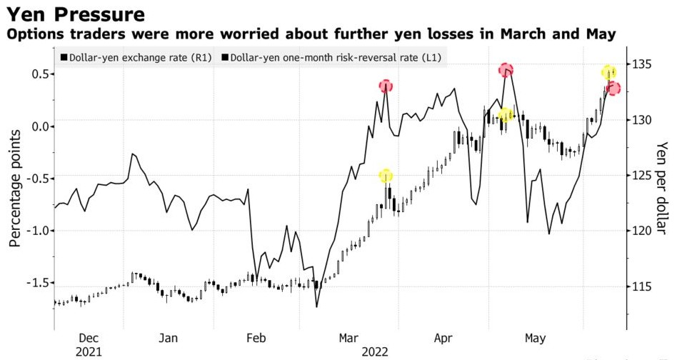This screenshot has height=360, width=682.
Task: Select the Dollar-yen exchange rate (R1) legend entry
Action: pos(136,57)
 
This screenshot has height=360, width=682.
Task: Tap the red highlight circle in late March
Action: pos(386,86)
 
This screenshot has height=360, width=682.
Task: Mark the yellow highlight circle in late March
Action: pos(386,176)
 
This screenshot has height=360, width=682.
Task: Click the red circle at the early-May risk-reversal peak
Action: pos(506,69)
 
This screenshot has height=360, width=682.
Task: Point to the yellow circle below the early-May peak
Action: pos(506,115)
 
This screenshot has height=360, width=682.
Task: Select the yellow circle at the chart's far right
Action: pos(608,72)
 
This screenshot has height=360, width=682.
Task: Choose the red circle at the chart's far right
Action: pos(613,89)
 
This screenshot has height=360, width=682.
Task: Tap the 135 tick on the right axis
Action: pos(647,64)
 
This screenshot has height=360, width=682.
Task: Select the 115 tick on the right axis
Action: pos(647,286)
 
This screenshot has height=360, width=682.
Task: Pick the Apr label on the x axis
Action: pos(443,338)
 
